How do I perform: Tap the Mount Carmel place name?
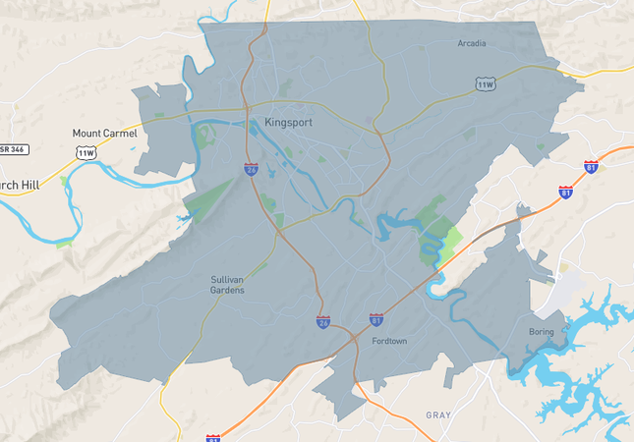click(105, 133)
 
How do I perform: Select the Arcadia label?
click(472, 43)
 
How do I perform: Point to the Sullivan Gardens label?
click(227, 285)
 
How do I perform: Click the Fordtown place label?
click(389, 341)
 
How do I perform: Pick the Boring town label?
click(541, 331)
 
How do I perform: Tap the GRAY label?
click(438, 414)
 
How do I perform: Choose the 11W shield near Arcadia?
click(485, 84)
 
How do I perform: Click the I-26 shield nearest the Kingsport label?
click(252, 169)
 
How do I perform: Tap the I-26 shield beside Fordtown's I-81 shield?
click(323, 321)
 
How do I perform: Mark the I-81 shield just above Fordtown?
click(375, 319)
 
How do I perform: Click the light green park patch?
click(450, 239)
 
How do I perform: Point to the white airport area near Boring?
click(567, 291)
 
